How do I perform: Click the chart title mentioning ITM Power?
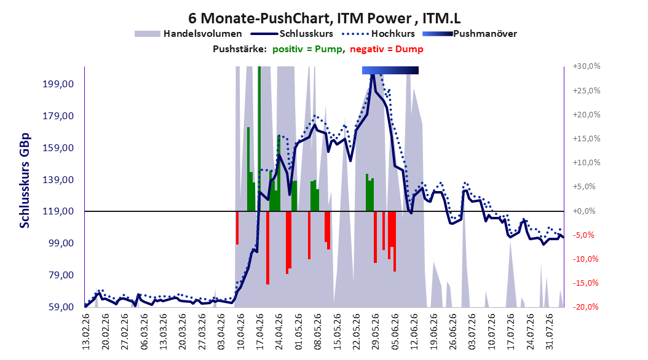coord(325,18)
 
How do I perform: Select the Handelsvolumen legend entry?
coord(189,34)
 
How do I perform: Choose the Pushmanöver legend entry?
coord(470,34)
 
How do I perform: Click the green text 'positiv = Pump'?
coord(307,49)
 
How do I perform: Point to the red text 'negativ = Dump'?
coord(387,49)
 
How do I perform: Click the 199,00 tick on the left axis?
coord(58,84)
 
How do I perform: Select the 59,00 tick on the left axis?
coord(58,307)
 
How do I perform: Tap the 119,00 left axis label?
coord(58,211)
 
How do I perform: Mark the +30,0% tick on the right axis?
coord(587,66)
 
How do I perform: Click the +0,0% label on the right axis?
coord(585,211)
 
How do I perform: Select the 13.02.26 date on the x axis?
coord(86,332)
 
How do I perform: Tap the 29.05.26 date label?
coord(375,332)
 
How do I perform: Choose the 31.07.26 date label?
coord(549,332)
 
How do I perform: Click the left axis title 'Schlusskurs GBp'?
coord(25,181)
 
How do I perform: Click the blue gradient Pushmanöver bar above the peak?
coord(390,70)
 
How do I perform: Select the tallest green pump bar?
coord(259,139)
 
